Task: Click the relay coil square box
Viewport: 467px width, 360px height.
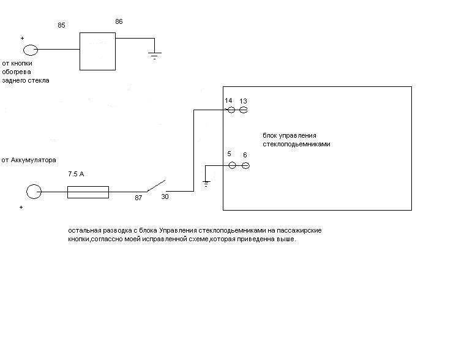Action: (x=98, y=51)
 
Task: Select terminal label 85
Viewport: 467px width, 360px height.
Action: (x=61, y=25)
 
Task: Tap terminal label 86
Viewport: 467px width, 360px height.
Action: (x=119, y=21)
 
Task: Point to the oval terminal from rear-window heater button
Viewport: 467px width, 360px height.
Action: (x=30, y=50)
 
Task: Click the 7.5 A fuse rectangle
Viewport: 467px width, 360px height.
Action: (x=88, y=192)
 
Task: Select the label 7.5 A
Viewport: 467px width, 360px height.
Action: (x=77, y=174)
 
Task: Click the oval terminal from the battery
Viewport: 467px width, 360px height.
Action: (x=34, y=192)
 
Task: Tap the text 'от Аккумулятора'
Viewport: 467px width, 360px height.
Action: (x=29, y=160)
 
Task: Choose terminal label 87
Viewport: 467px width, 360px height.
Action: (x=139, y=198)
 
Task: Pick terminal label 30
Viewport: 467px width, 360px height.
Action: (x=165, y=197)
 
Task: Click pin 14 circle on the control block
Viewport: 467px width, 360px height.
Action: (x=231, y=110)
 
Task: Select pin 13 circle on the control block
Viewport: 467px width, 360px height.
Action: (x=243, y=110)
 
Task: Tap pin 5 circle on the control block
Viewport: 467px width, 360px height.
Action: (x=232, y=165)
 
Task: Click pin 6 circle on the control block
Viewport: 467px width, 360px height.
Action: (x=245, y=165)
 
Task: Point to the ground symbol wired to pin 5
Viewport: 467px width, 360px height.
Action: (x=207, y=182)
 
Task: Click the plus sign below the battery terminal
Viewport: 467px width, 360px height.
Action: (x=21, y=208)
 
